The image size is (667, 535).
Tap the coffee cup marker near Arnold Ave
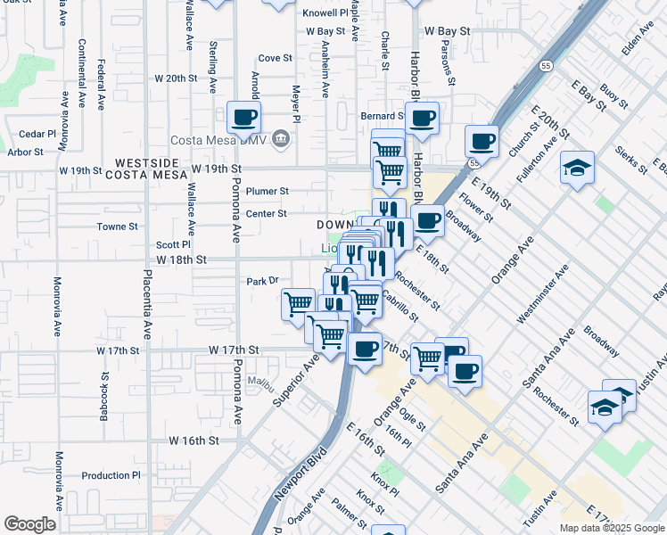point(243,116)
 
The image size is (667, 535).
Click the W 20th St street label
point(175,78)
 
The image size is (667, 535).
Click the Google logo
point(29,525)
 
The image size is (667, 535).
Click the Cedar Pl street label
point(37,135)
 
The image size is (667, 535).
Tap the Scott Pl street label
point(173,244)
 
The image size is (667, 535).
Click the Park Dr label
point(263,281)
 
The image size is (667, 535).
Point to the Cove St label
point(275,58)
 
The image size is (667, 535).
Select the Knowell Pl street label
point(325,13)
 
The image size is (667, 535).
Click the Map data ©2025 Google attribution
point(613,528)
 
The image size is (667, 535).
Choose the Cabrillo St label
point(399,304)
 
